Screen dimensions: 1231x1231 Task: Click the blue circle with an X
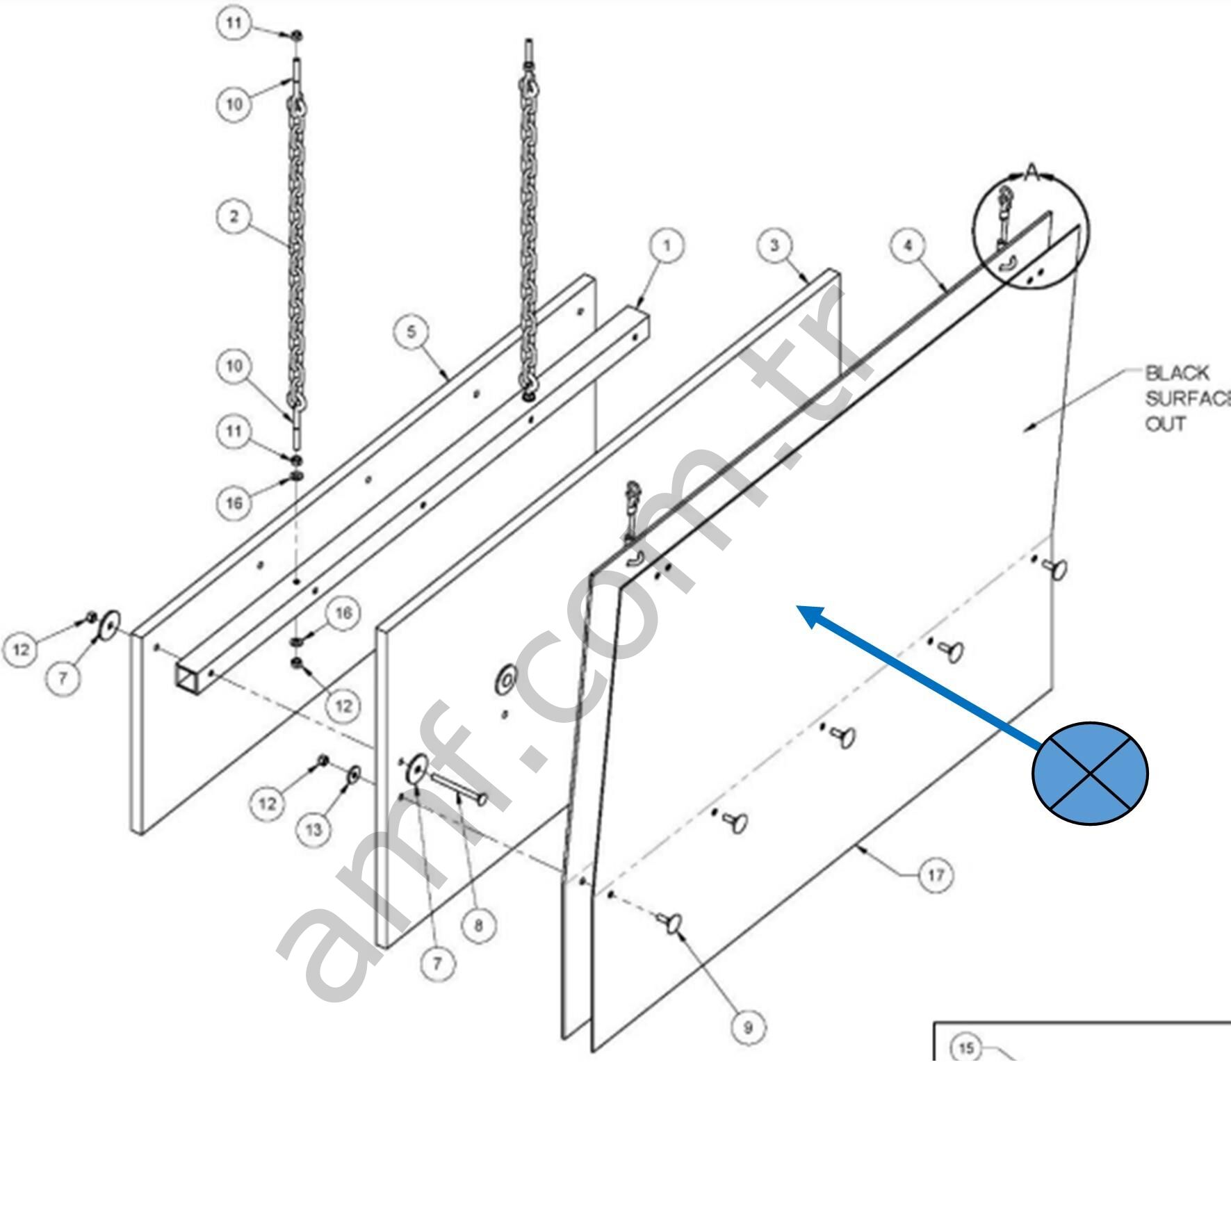[1090, 773]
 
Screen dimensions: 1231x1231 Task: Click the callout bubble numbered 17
[936, 874]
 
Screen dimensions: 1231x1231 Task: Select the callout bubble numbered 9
[748, 1027]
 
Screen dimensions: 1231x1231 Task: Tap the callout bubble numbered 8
[478, 925]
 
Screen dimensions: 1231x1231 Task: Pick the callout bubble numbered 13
[313, 829]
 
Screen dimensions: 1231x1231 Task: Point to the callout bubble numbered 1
[667, 245]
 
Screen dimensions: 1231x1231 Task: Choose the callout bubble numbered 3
[775, 245]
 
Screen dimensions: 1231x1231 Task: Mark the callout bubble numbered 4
[908, 245]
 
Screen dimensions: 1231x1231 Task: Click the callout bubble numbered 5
[411, 332]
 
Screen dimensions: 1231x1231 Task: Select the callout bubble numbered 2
[234, 216]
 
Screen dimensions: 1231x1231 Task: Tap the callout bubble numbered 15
[966, 1047]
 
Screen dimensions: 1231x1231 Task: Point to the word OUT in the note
[1165, 424]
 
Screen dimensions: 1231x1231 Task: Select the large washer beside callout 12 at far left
[109, 624]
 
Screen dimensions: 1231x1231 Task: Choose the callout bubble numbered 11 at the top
[234, 24]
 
